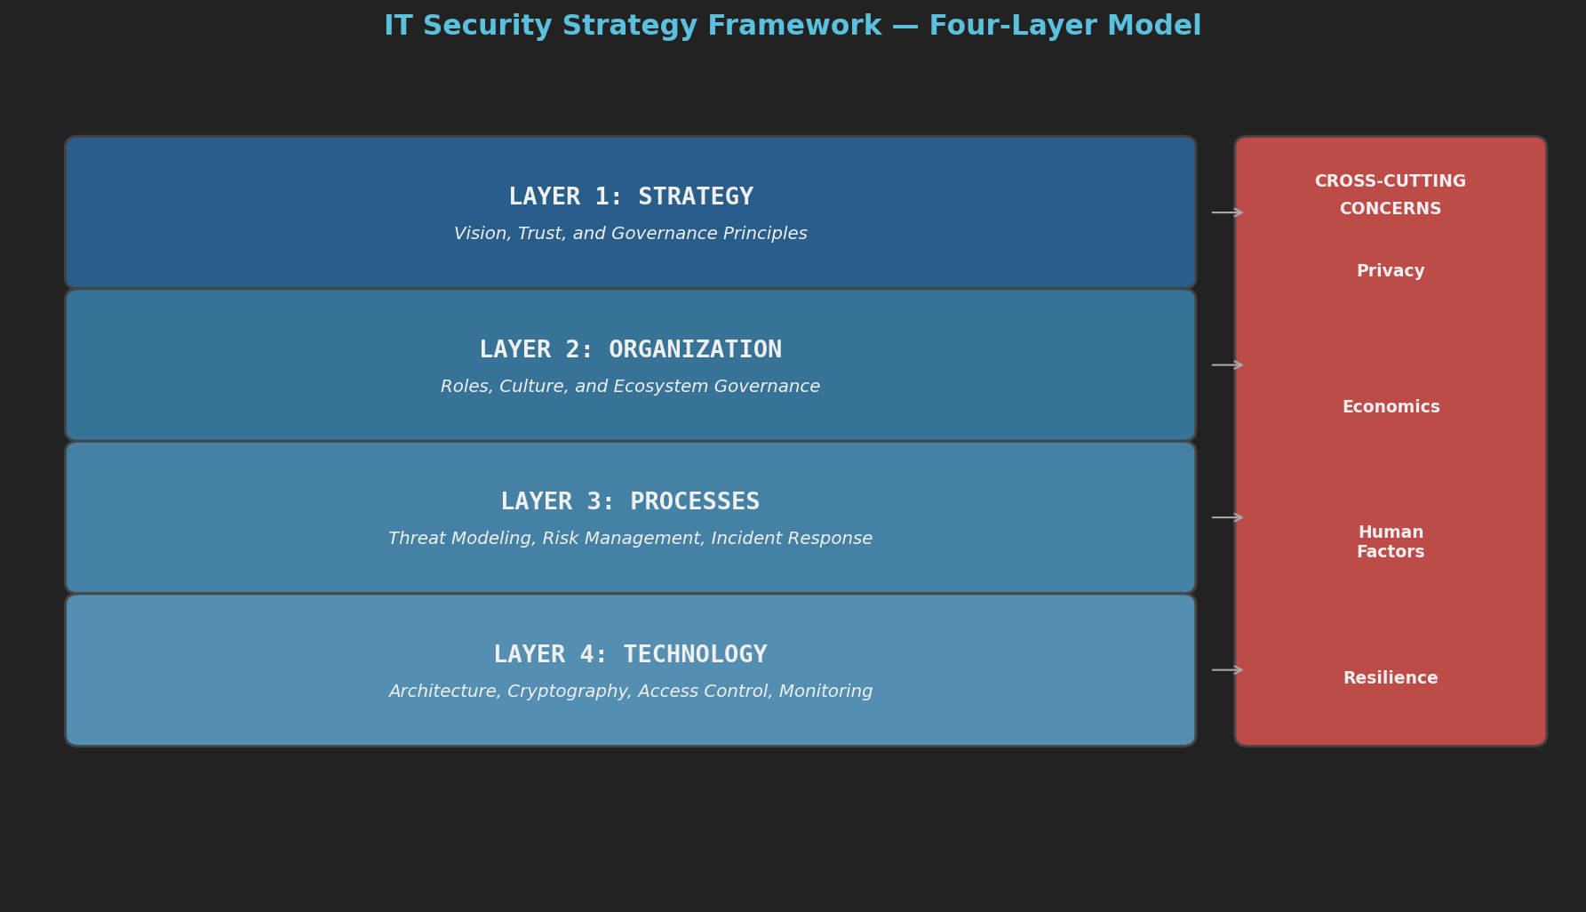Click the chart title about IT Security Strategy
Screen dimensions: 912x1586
click(792, 27)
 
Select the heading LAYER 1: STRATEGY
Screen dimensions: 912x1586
click(631, 196)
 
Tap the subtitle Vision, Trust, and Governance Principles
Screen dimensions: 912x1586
click(631, 234)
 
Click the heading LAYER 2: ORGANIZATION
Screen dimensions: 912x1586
click(631, 349)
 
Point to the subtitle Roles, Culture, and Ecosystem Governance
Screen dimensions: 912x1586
click(631, 387)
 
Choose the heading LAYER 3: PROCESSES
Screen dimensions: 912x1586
click(631, 501)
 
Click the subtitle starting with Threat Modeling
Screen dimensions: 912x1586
click(631, 539)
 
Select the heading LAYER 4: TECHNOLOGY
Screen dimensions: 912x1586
click(631, 654)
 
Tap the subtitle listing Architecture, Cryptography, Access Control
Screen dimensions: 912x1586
click(631, 692)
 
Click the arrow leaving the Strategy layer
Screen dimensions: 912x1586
click(1227, 212)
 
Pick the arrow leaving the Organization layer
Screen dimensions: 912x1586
click(1227, 365)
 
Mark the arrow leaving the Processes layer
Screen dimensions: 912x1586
click(1227, 517)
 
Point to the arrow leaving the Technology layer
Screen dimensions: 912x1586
click(1227, 670)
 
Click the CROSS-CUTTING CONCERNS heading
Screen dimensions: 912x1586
click(1391, 195)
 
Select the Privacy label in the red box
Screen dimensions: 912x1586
click(1391, 271)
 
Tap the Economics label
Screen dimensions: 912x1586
click(1391, 407)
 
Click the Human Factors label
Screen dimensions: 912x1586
click(1391, 542)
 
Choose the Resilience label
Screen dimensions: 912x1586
click(1391, 678)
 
